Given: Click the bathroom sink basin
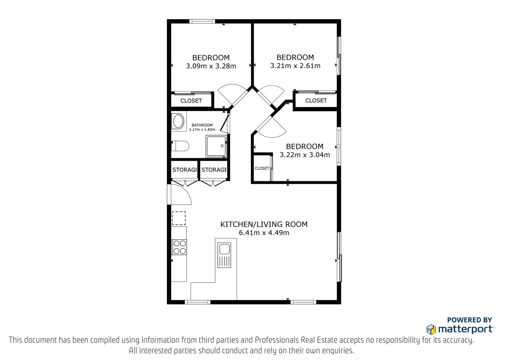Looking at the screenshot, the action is pyautogui.click(x=178, y=121).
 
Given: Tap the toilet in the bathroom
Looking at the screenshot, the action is pyautogui.click(x=180, y=146).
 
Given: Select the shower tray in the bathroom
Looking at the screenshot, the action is pyautogui.click(x=216, y=146).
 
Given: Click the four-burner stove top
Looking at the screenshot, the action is pyautogui.click(x=179, y=247).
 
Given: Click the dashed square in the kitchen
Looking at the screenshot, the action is pyautogui.click(x=178, y=218).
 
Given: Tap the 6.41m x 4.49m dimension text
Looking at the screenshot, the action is pyautogui.click(x=264, y=233).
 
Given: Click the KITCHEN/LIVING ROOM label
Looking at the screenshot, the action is pyautogui.click(x=264, y=224).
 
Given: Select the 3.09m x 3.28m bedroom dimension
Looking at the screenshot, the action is pyautogui.click(x=211, y=66).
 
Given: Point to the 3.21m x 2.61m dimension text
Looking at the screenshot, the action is pyautogui.click(x=295, y=66).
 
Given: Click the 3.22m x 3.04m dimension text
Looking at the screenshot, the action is pyautogui.click(x=305, y=155).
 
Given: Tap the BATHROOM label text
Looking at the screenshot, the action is pyautogui.click(x=202, y=125).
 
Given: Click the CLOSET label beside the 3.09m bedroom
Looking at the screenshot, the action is pyautogui.click(x=191, y=101).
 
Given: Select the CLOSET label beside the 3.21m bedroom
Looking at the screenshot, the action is pyautogui.click(x=316, y=100).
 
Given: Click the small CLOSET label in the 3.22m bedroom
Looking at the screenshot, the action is pyautogui.click(x=262, y=168).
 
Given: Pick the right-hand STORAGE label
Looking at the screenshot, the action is pyautogui.click(x=214, y=170).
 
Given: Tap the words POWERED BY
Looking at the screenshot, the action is pyautogui.click(x=470, y=320).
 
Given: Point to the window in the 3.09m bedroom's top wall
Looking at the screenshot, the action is pyautogui.click(x=202, y=21).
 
